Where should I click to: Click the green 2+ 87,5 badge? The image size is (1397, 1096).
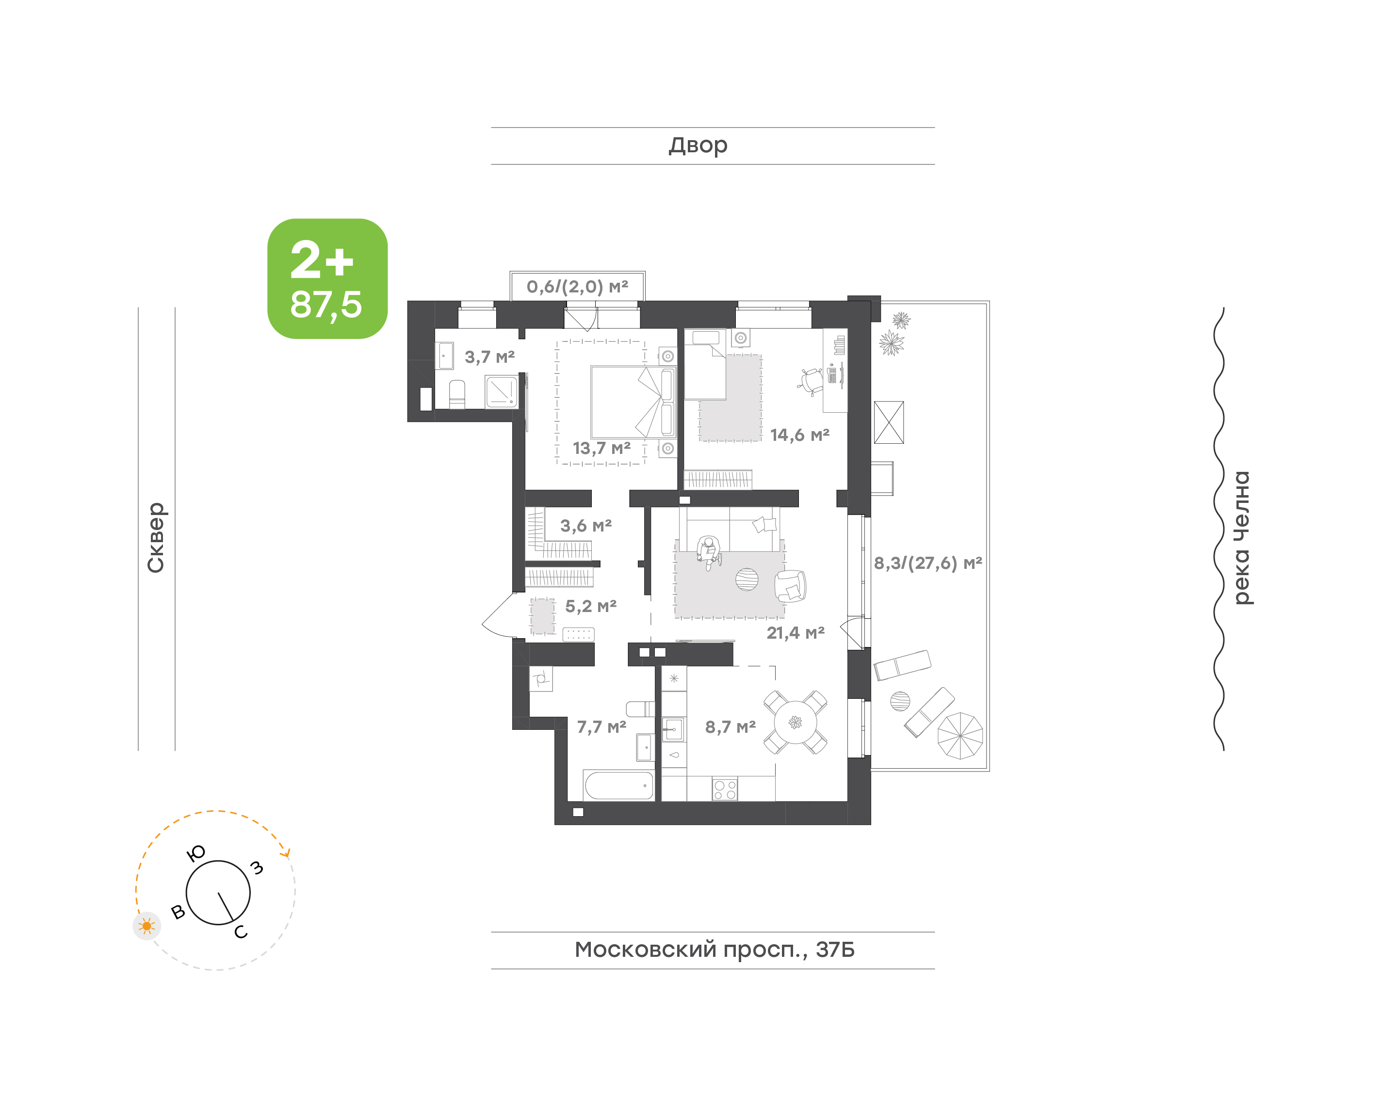[327, 278]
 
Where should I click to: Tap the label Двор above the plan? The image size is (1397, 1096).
[698, 145]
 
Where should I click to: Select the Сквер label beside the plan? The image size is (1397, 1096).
[156, 537]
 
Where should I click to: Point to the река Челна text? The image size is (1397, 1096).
[1242, 538]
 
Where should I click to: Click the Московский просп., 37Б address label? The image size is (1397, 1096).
[714, 949]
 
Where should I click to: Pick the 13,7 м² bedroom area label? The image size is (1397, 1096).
[601, 448]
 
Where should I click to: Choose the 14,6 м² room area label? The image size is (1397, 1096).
[799, 435]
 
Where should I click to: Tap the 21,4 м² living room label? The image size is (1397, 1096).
[796, 633]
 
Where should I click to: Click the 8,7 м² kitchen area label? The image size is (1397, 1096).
[730, 727]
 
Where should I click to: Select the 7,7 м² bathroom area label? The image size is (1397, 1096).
[601, 727]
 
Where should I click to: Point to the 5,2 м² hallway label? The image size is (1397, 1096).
[590, 606]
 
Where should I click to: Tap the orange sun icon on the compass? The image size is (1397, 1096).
[147, 926]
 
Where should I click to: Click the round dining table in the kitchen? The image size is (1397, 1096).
[795, 723]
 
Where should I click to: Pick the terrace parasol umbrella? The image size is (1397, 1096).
[960, 735]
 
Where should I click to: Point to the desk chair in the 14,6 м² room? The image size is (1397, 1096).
[811, 381]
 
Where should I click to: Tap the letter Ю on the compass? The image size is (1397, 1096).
[195, 853]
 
